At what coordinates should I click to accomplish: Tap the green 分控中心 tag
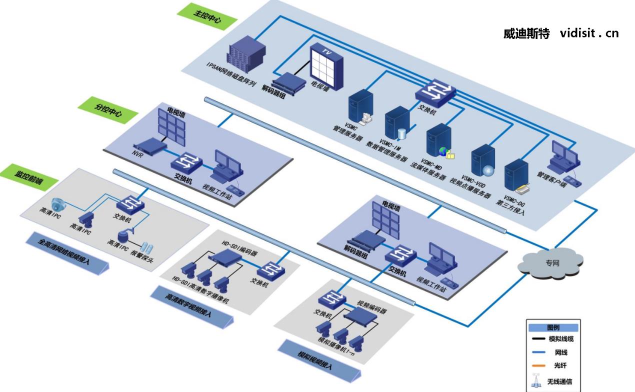[x=108, y=110]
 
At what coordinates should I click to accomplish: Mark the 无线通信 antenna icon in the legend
[x=537, y=381]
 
